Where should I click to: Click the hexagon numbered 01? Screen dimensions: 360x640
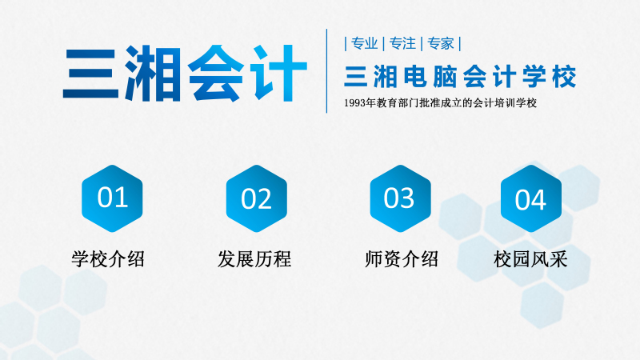click(112, 198)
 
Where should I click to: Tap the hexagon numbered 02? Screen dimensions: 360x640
click(256, 198)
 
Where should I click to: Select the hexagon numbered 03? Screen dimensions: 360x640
click(399, 198)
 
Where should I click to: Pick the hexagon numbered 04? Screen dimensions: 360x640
click(530, 198)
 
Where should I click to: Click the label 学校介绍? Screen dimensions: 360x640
click(108, 258)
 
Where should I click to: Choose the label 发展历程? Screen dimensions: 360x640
click(254, 258)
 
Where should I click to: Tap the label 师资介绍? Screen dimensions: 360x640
click(401, 258)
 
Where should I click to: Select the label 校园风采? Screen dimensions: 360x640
click(530, 258)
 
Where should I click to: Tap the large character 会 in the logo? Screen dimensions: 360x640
click(216, 74)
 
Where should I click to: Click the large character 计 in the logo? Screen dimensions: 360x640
click(278, 74)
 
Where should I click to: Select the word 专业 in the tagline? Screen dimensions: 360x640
click(363, 43)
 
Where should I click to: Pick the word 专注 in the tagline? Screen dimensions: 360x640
click(402, 43)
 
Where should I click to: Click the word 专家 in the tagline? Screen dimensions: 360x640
click(441, 43)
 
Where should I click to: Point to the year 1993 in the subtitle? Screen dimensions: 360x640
click(357, 103)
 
